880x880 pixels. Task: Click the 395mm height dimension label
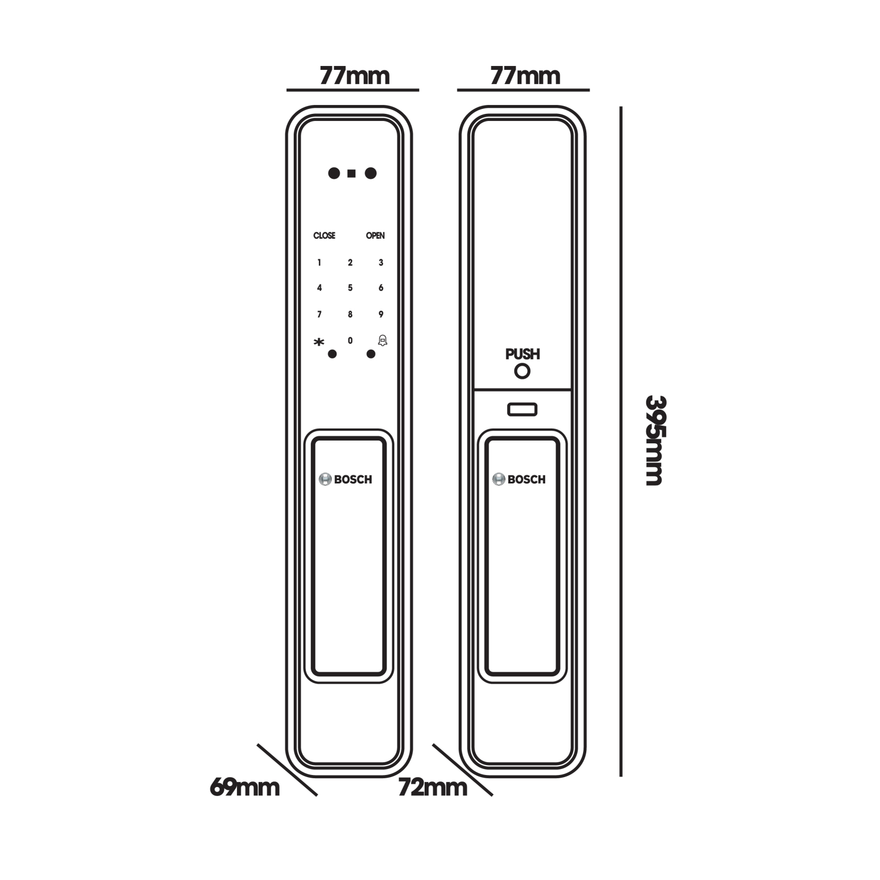tap(655, 440)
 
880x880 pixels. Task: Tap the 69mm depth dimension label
tap(245, 788)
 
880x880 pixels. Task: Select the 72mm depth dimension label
tap(432, 788)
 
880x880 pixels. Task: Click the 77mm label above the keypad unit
tap(355, 76)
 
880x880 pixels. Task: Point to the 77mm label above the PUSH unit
tap(525, 76)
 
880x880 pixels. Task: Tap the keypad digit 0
tap(350, 341)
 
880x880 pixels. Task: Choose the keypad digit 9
tap(381, 315)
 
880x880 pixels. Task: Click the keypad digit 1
tap(319, 263)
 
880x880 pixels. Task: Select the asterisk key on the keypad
tap(319, 342)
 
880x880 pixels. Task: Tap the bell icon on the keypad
tap(382, 340)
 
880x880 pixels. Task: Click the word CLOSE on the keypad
tap(324, 235)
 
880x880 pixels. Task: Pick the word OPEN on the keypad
tap(375, 235)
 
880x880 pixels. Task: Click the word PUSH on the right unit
tap(522, 354)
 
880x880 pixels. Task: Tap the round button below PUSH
tap(522, 371)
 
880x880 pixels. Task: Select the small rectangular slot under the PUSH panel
tap(522, 410)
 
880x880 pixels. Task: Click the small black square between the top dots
tap(351, 174)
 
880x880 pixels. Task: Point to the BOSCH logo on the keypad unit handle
tap(345, 480)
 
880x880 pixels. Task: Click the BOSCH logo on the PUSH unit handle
tap(519, 480)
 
